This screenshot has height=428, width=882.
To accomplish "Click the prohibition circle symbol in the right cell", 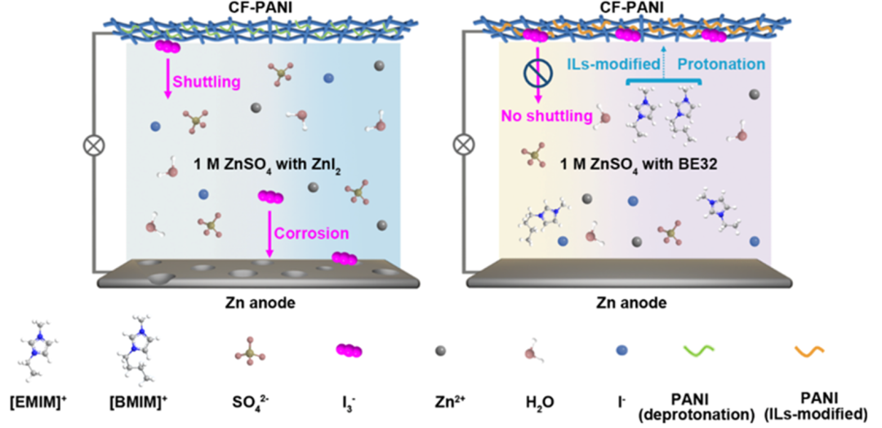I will [537, 72].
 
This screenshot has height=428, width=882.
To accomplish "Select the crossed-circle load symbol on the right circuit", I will [463, 148].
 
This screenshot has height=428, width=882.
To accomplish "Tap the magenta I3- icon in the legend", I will [349, 350].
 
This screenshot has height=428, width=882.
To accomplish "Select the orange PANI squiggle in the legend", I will [810, 350].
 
